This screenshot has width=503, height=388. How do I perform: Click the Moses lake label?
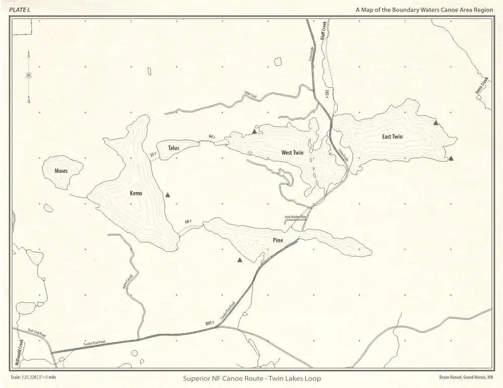61,171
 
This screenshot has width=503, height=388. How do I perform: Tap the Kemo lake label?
136,193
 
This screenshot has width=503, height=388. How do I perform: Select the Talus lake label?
174,148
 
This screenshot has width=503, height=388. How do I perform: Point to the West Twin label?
291,152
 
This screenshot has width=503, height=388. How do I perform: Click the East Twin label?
392,136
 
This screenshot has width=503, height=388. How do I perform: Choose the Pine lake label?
278,240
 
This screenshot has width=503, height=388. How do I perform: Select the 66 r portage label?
188,222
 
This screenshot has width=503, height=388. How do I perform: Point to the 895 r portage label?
210,323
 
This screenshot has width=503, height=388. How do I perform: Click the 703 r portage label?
327,94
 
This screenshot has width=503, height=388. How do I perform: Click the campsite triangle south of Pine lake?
240,260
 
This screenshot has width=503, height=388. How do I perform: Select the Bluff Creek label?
323,31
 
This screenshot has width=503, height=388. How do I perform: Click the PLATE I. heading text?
19,10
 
